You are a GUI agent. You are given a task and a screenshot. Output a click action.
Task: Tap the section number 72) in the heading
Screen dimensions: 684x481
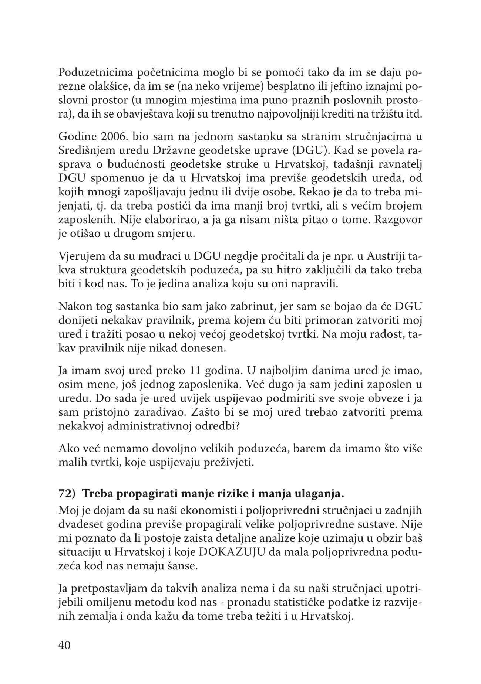tap(67, 494)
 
